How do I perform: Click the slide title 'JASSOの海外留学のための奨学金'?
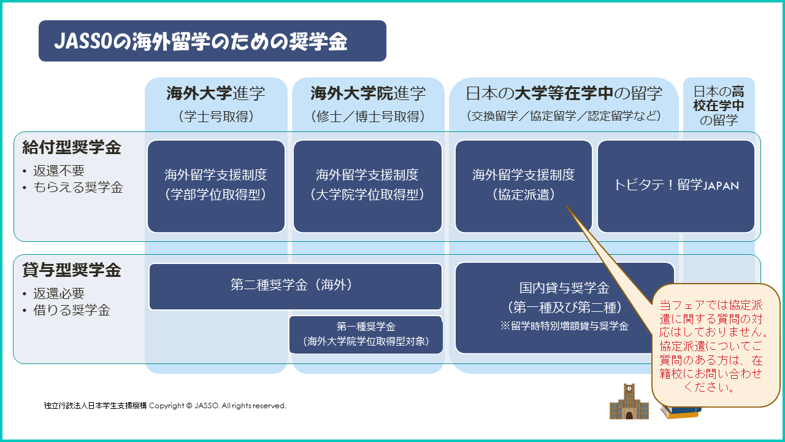[x=201, y=41]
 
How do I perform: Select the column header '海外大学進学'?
[x=215, y=93]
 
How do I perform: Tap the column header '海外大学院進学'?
[x=368, y=93]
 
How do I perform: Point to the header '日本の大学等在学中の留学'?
[x=564, y=93]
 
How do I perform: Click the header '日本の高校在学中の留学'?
[x=719, y=105]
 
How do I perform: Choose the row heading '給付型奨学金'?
[x=72, y=147]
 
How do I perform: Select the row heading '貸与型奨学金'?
[x=72, y=270]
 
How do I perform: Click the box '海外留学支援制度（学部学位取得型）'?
[x=216, y=186]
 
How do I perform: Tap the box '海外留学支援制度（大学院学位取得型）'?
[x=367, y=186]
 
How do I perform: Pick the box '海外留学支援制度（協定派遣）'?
[x=524, y=186]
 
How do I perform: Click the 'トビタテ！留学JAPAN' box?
[x=676, y=186]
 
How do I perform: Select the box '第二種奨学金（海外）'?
[x=296, y=287]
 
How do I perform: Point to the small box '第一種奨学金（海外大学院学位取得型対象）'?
[x=366, y=335]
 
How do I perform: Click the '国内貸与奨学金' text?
[x=564, y=288]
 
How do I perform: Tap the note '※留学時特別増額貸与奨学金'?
[x=564, y=326]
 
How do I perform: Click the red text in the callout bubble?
[x=711, y=346]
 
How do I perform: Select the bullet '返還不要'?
[x=59, y=171]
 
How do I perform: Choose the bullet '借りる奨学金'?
[x=72, y=310]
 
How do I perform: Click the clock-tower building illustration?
[x=629, y=401]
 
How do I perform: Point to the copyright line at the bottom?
[x=165, y=406]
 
